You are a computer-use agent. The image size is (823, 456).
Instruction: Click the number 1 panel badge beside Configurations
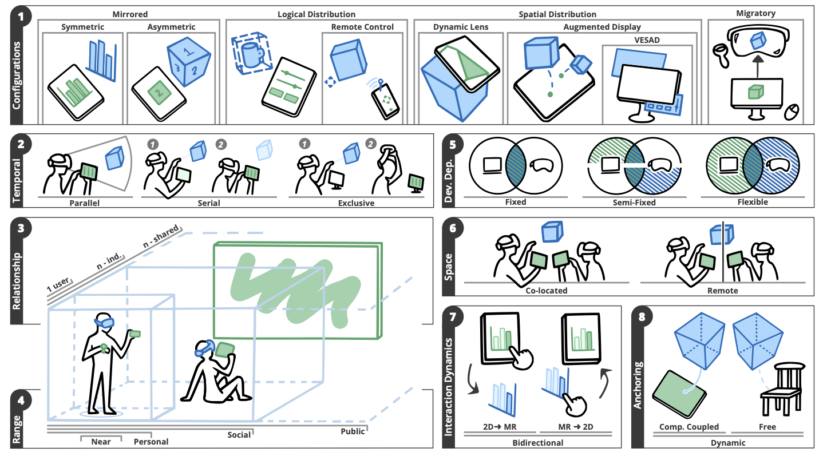(x=21, y=16)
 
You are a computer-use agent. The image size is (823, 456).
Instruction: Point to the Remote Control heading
(x=362, y=27)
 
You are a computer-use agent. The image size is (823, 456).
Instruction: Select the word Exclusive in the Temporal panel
(x=355, y=203)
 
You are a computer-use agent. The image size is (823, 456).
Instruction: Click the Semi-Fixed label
(x=635, y=202)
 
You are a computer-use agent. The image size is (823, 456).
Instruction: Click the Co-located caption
(x=546, y=290)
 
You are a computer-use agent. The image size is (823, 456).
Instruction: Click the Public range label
(x=353, y=431)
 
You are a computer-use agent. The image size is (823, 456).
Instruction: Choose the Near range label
(x=101, y=441)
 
